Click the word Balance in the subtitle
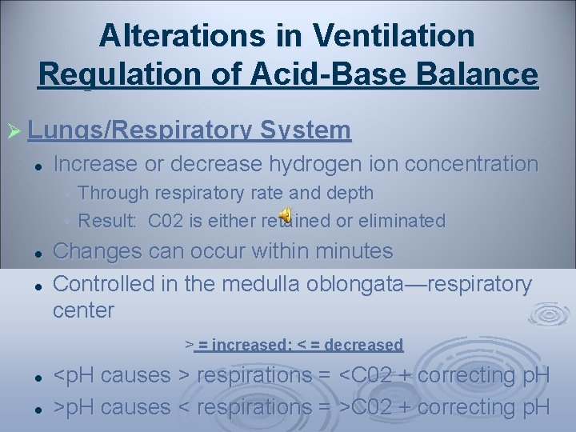click(481, 74)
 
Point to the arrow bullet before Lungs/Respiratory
click(14, 130)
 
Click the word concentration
click(472, 164)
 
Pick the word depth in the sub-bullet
click(351, 193)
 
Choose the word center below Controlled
click(83, 310)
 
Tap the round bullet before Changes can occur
click(38, 253)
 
